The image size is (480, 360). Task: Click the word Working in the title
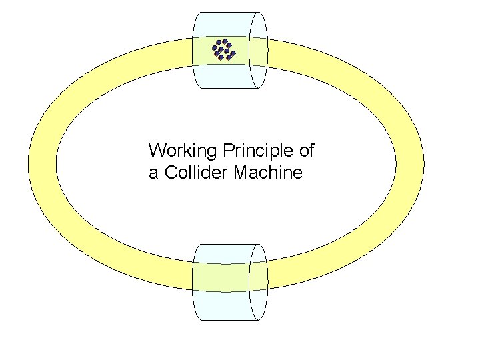(x=177, y=151)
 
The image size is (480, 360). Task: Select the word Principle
(x=251, y=151)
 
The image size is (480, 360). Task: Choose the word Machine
(x=269, y=173)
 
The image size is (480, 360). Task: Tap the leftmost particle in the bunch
(x=215, y=48)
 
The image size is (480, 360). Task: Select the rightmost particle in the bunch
(x=233, y=52)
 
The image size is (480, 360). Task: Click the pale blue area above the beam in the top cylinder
(x=223, y=23)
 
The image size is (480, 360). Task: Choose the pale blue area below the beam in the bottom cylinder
(x=223, y=307)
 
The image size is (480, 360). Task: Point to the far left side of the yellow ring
(x=42, y=163)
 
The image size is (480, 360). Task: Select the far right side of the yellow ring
(x=410, y=163)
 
